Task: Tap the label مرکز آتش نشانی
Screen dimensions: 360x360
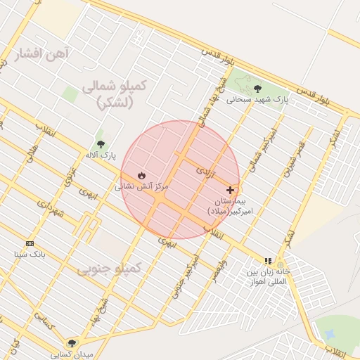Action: click(143, 186)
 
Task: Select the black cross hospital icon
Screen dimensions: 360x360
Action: click(230, 190)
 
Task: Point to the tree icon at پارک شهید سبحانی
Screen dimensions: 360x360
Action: click(257, 89)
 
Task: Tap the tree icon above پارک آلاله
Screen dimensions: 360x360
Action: click(100, 142)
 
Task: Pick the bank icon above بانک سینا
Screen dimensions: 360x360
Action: click(29, 243)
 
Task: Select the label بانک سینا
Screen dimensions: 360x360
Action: click(29, 254)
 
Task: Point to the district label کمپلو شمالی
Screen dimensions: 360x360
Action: click(114, 86)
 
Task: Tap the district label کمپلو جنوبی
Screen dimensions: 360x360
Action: click(108, 269)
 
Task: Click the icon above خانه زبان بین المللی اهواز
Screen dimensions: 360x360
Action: click(268, 261)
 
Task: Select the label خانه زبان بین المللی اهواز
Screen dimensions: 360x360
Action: click(268, 276)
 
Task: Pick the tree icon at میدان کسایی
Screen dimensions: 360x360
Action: click(72, 343)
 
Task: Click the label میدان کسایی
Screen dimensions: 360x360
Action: click(77, 354)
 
